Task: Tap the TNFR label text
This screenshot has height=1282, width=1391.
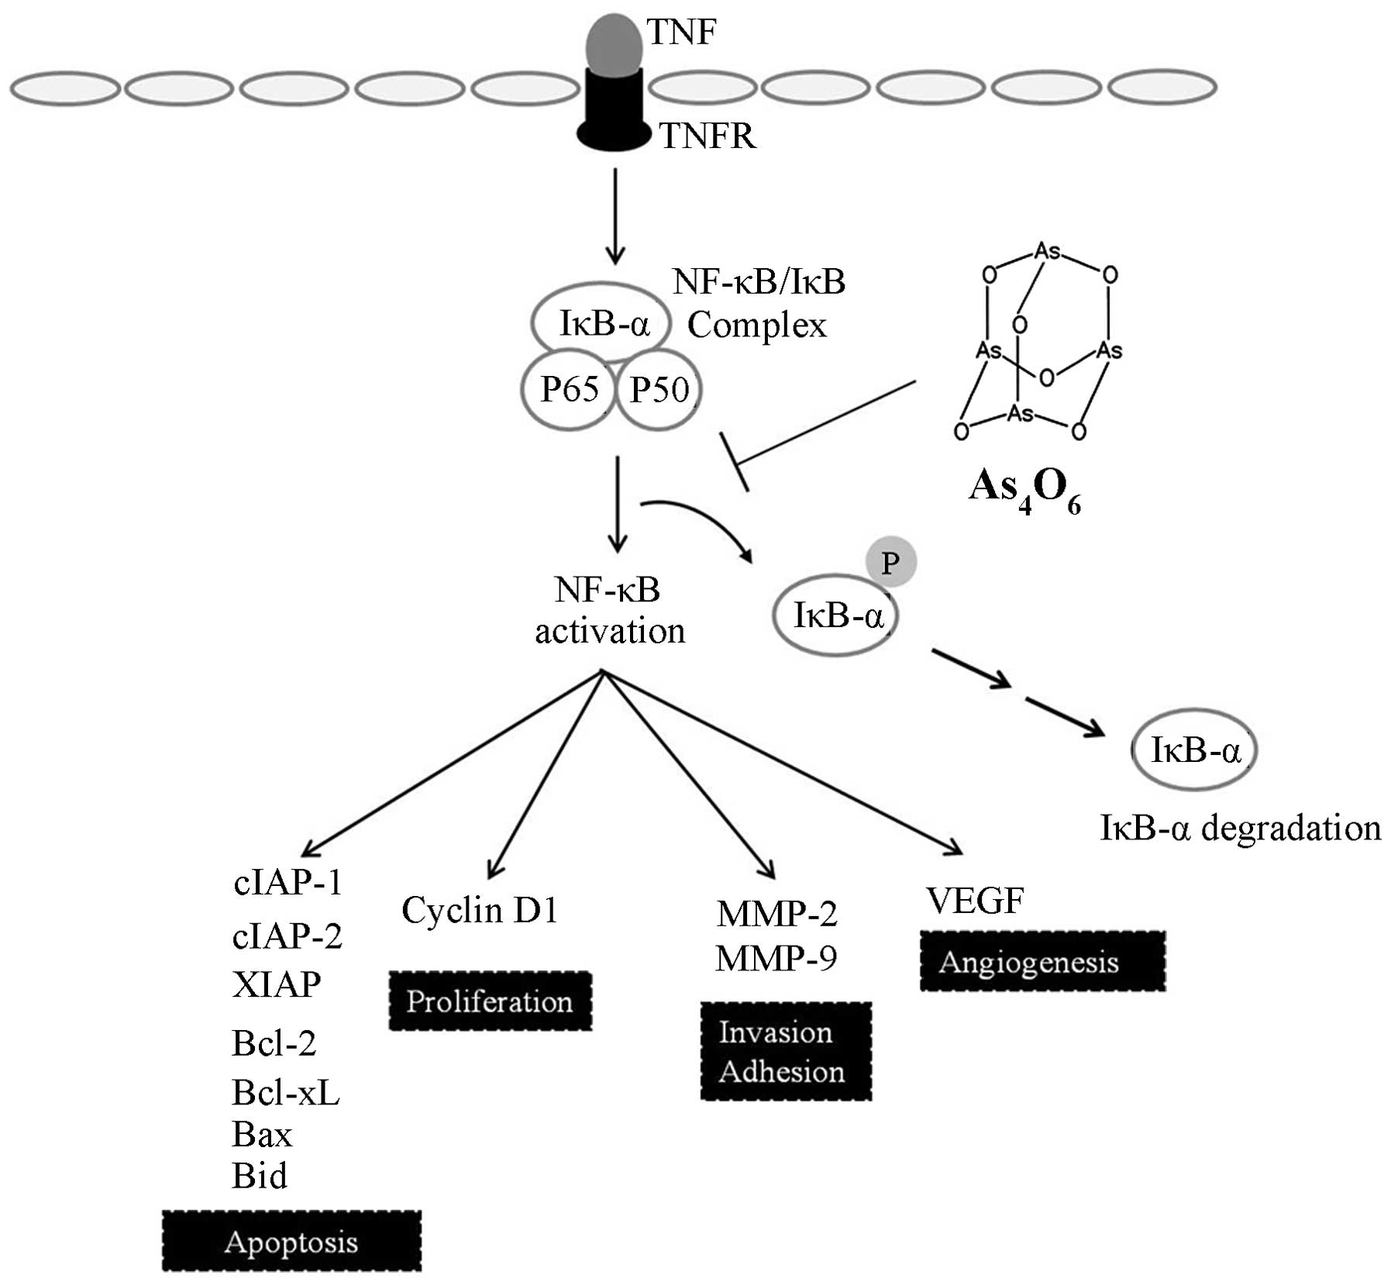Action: tap(707, 136)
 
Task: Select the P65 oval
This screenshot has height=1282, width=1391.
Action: tap(569, 390)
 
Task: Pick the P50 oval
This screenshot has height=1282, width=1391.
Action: tap(659, 390)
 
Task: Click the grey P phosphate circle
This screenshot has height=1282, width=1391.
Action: tap(890, 562)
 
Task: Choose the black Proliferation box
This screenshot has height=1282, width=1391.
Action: tap(490, 1001)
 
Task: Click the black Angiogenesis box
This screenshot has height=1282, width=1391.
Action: tap(1042, 962)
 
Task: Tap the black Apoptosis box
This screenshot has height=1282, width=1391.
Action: tap(291, 1242)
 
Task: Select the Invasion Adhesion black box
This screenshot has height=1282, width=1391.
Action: tap(786, 1052)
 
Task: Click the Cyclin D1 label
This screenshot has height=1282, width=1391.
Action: tap(480, 910)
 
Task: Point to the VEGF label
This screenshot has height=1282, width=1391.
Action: tap(975, 900)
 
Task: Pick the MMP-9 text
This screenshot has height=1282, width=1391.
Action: tap(776, 959)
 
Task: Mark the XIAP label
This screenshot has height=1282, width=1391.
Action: tap(276, 984)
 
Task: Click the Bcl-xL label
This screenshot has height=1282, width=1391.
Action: tap(285, 1093)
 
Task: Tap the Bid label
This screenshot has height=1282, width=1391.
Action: tap(260, 1176)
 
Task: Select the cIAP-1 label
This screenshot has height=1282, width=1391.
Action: tap(287, 882)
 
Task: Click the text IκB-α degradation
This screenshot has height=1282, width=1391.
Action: tap(1240, 828)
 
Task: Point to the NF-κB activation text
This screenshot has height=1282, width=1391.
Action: tap(609, 611)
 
